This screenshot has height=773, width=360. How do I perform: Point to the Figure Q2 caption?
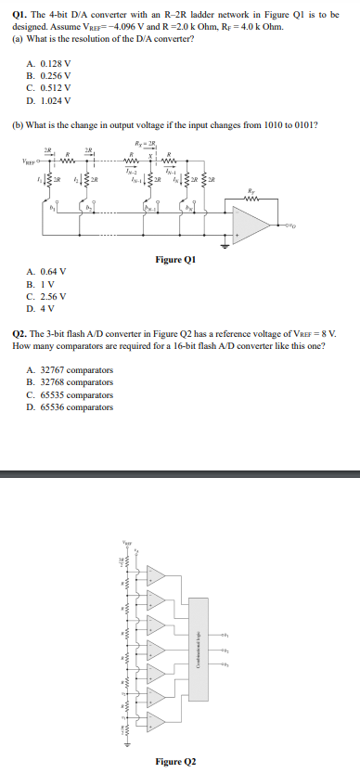tap(176, 761)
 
